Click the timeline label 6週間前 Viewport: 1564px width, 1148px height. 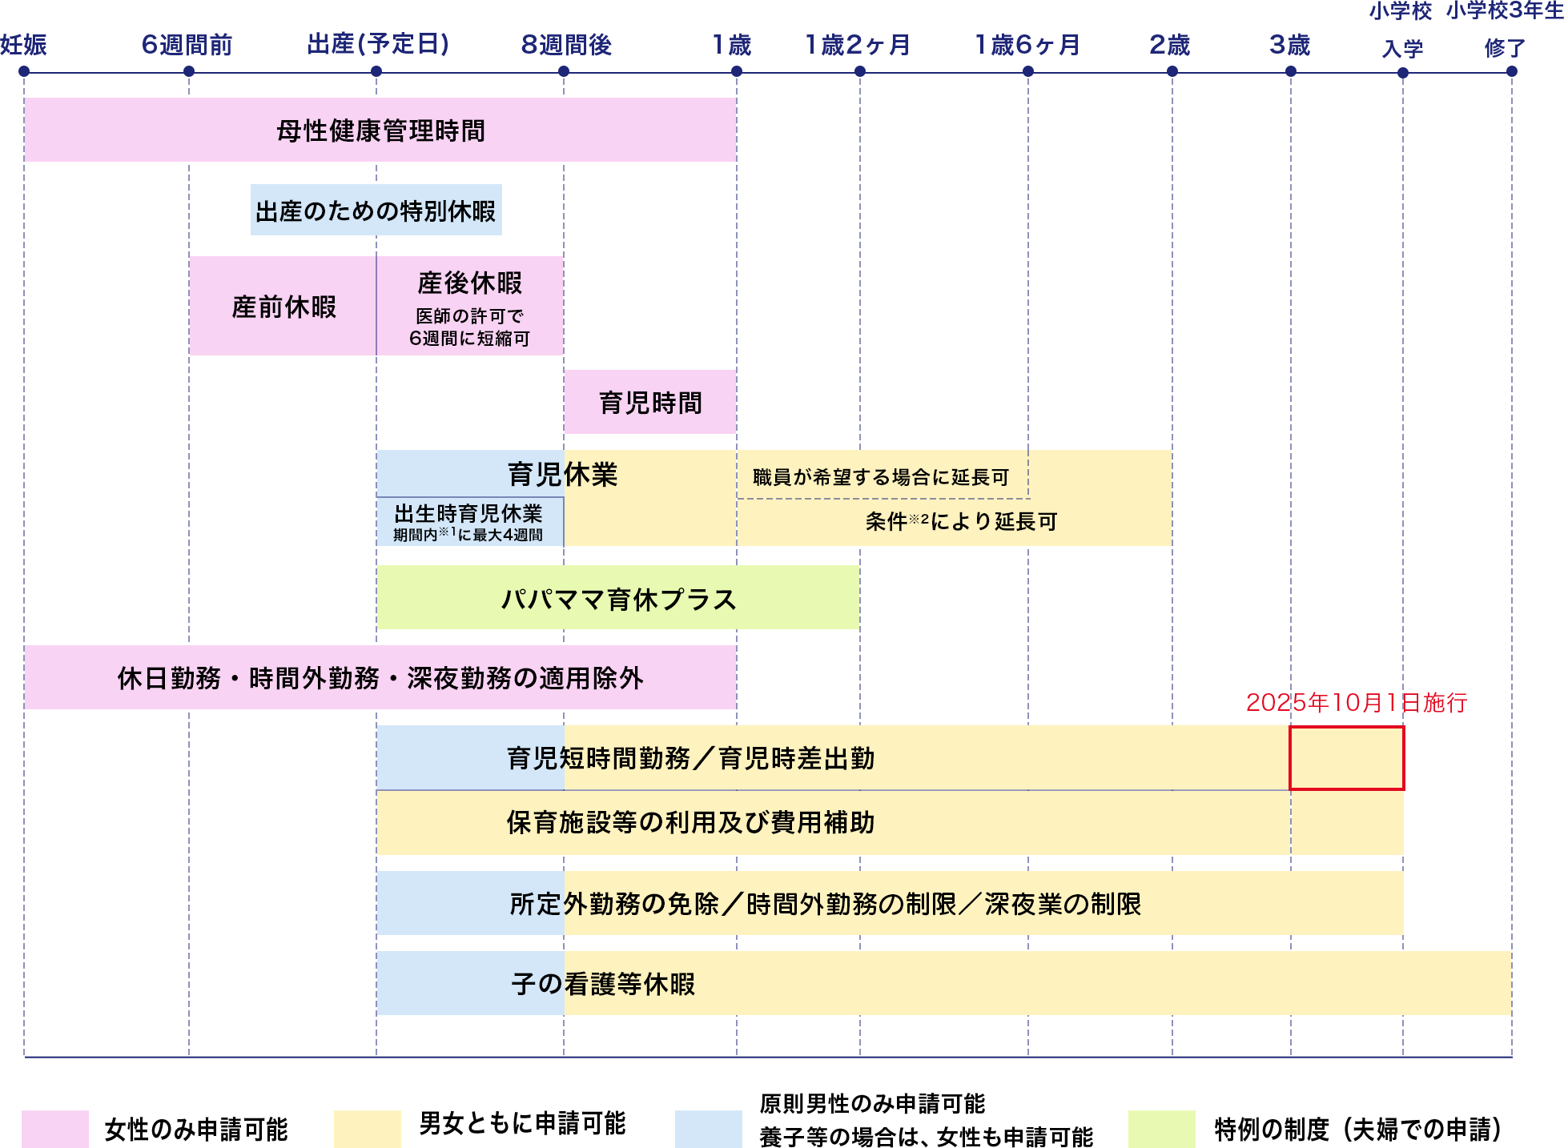tap(187, 45)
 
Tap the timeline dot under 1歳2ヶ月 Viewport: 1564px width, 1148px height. tap(860, 71)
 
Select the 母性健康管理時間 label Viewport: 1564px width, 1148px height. tap(380, 130)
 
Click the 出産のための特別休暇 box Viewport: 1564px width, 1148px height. tap(376, 211)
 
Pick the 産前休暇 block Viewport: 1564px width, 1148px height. tap(283, 307)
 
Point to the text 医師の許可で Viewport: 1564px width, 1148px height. tap(469, 316)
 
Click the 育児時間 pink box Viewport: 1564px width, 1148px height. tap(650, 402)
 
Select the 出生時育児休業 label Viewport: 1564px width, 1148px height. tap(468, 513)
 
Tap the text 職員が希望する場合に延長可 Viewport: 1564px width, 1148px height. tap(881, 477)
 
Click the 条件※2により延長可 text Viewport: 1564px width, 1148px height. tap(961, 522)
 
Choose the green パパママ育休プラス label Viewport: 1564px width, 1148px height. tap(618, 599)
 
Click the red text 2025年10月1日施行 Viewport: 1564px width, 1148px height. tap(1356, 703)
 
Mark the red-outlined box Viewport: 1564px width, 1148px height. tap(1346, 758)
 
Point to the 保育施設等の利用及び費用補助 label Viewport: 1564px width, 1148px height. tap(690, 823)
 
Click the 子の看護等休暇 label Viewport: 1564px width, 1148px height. tap(603, 984)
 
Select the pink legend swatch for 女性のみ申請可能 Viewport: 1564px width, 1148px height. tap(54, 1129)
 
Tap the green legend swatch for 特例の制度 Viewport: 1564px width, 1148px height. tap(1161, 1129)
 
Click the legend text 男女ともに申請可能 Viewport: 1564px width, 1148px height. tap(522, 1124)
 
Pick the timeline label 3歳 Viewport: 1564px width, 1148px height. tap(1289, 45)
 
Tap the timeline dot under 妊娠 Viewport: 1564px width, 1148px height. tap(24, 71)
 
